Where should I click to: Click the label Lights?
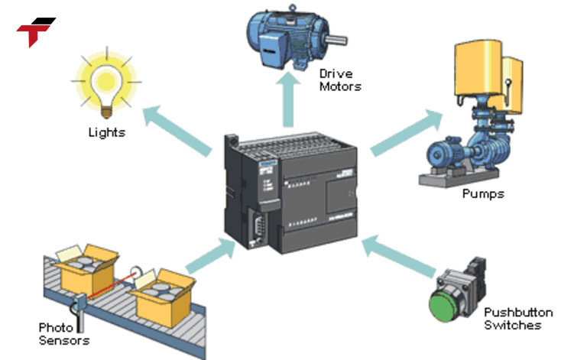click(x=106, y=132)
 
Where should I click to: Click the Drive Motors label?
click(x=340, y=80)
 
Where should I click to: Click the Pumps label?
click(x=483, y=193)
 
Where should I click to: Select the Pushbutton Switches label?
click(x=518, y=319)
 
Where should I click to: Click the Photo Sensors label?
click(x=64, y=333)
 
